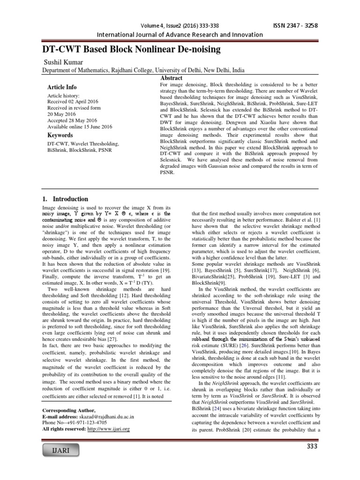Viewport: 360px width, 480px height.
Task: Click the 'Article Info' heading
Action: tap(62, 87)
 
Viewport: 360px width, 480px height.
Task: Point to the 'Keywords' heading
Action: tap(60, 135)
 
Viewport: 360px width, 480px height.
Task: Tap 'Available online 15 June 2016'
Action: tap(78, 126)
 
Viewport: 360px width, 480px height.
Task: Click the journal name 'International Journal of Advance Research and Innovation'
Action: tap(179, 34)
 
